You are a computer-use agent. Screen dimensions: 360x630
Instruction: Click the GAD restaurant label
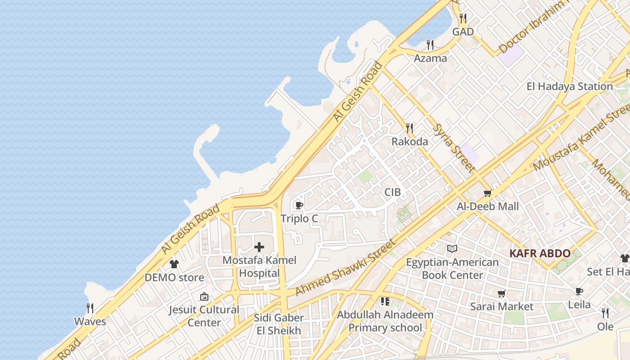click(x=463, y=32)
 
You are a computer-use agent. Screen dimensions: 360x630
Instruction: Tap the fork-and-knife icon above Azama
click(x=430, y=45)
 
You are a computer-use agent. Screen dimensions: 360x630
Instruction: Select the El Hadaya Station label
click(x=570, y=86)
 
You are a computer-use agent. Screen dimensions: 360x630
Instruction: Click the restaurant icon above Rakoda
click(x=409, y=128)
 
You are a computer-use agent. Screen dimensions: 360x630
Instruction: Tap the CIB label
click(x=392, y=193)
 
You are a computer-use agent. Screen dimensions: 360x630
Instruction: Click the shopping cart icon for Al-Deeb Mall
click(x=487, y=193)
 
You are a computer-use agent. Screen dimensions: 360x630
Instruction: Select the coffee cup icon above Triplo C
click(x=299, y=206)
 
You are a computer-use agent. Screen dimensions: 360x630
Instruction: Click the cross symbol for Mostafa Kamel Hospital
click(x=259, y=247)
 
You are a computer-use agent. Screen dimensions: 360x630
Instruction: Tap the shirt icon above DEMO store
click(x=174, y=264)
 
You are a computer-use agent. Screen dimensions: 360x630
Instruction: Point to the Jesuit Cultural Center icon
click(x=204, y=297)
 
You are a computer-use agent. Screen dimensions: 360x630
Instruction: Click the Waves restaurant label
click(x=90, y=322)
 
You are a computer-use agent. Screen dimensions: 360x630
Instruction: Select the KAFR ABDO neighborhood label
click(x=540, y=253)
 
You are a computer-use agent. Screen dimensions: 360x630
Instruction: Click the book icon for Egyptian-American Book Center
click(x=452, y=249)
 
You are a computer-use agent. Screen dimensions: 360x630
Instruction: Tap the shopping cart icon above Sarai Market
click(x=502, y=294)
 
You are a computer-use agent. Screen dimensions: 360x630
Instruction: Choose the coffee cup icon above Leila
click(x=579, y=292)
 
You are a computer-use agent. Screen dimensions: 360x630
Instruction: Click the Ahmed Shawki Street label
click(x=345, y=268)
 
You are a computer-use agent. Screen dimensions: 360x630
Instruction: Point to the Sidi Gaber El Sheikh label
click(x=279, y=324)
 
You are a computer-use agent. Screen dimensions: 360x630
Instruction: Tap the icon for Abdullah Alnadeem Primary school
click(x=385, y=301)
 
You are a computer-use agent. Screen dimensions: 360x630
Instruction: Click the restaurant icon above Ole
click(x=605, y=313)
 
